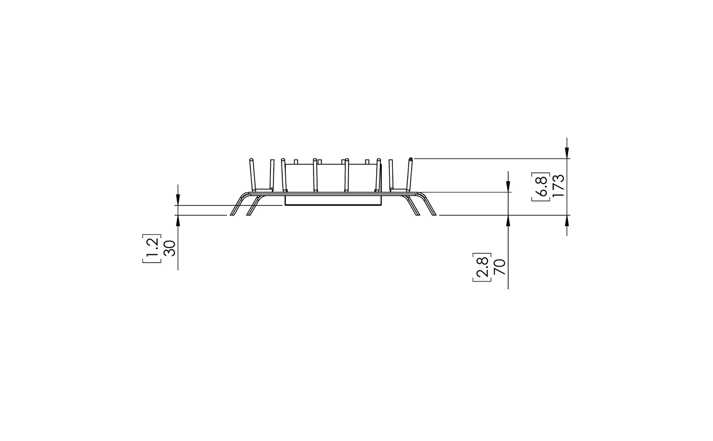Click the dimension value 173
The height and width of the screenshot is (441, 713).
click(558, 186)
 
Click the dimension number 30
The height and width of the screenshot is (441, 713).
click(169, 248)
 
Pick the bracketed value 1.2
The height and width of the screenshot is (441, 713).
click(151, 248)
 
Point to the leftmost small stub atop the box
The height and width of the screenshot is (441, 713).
click(296, 161)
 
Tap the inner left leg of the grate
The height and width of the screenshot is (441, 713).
click(253, 206)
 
